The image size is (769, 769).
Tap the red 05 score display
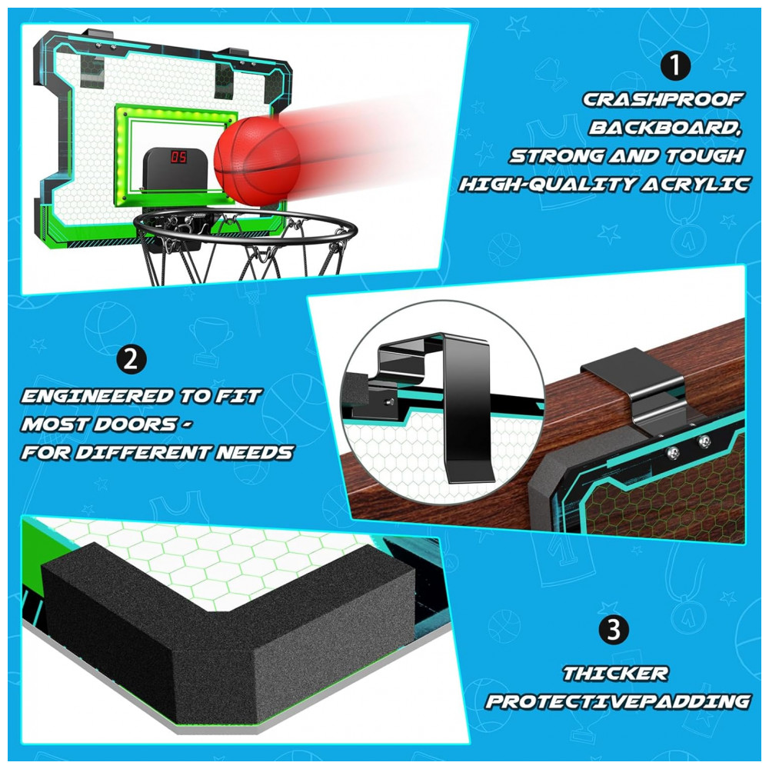(178, 157)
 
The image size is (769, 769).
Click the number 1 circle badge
(675, 65)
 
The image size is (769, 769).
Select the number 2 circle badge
(131, 359)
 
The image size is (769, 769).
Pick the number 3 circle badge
(614, 629)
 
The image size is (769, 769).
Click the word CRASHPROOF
(663, 99)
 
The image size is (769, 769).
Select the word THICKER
(615, 674)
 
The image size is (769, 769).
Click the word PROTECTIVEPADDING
(618, 702)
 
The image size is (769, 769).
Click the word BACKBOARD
(665, 128)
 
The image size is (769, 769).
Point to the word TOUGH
(704, 156)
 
